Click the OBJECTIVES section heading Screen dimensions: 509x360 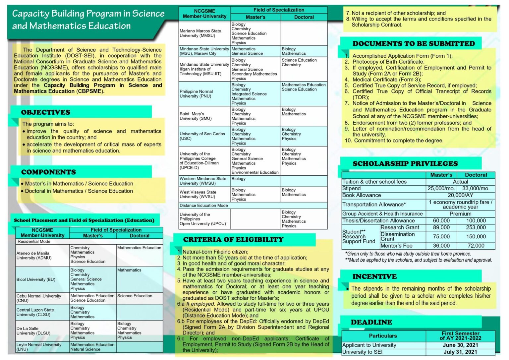pos(46,112)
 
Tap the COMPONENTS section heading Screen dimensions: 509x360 pos(48,172)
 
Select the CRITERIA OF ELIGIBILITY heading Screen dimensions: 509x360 pos(233,239)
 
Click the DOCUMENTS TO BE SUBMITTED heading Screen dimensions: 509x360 pos(414,43)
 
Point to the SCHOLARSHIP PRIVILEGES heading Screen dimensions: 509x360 pos(405,163)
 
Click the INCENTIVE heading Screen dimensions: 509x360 pos(374,276)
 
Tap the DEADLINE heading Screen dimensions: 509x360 pos(371,322)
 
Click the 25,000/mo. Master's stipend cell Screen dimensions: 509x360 pos(441,188)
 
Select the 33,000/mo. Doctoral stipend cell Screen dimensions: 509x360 pos(476,188)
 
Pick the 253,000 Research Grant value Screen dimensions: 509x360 pos(476,227)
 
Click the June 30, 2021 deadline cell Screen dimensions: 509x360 pos(460,345)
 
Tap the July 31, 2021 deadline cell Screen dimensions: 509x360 pos(460,352)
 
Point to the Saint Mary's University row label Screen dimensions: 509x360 pos(196,116)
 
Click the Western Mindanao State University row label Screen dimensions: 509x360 pos(203,181)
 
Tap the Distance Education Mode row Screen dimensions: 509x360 pos(204,206)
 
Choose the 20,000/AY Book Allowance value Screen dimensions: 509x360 pos(460,195)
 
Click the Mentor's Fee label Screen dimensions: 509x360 pos(396,246)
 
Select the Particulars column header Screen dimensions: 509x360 pos(383,336)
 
